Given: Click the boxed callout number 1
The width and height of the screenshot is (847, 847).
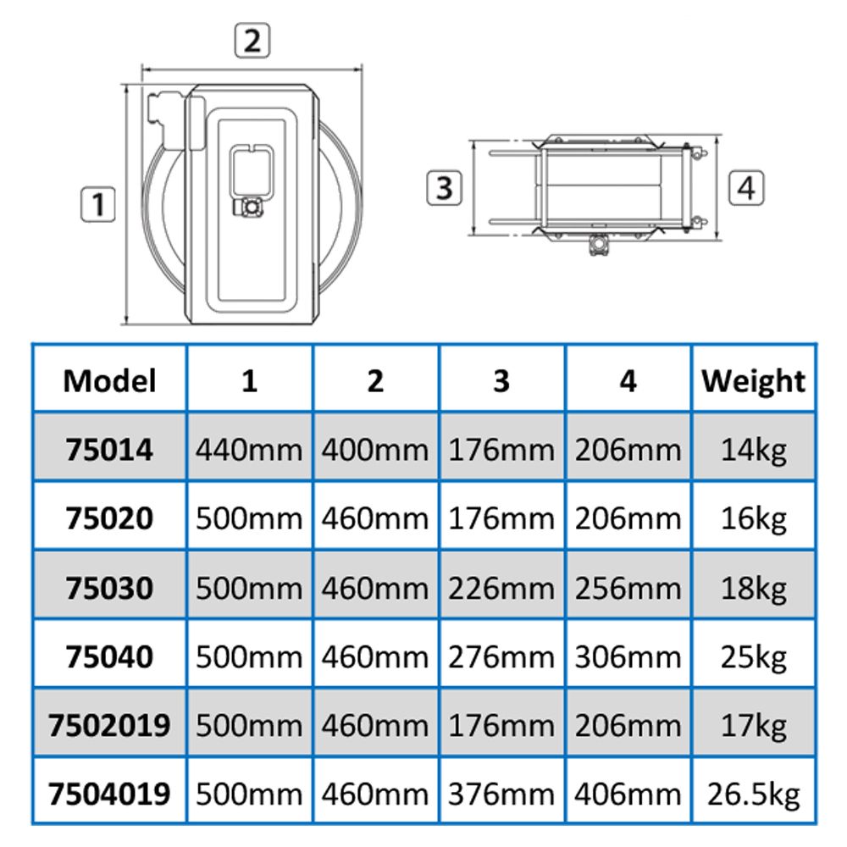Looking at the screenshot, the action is coord(97,204).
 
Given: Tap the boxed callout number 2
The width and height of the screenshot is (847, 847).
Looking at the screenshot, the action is coord(252,40).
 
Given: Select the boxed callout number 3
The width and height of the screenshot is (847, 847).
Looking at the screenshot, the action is coord(444,188).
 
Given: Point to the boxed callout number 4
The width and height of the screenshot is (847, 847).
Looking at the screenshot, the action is coord(746,188).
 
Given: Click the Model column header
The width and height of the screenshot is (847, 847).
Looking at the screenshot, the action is coord(109,381).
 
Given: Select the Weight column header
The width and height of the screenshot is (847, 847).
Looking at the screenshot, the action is coord(754,382).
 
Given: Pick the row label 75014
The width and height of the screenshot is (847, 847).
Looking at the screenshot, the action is coord(109,450).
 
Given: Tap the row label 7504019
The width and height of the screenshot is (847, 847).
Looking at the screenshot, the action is coord(109,794).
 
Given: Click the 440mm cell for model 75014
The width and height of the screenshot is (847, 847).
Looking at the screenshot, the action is coord(249,450).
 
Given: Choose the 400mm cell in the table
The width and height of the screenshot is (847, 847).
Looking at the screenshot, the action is coord(375,450).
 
